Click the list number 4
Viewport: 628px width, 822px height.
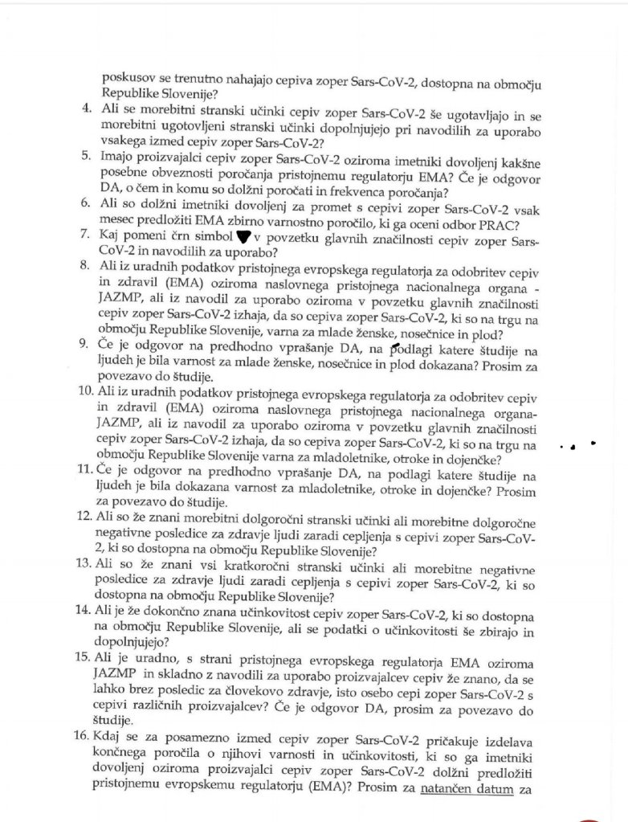coord(88,108)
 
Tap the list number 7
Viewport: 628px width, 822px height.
coord(88,235)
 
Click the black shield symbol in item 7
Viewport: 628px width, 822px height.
coord(237,236)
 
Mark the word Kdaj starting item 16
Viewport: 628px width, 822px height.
coord(116,736)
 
